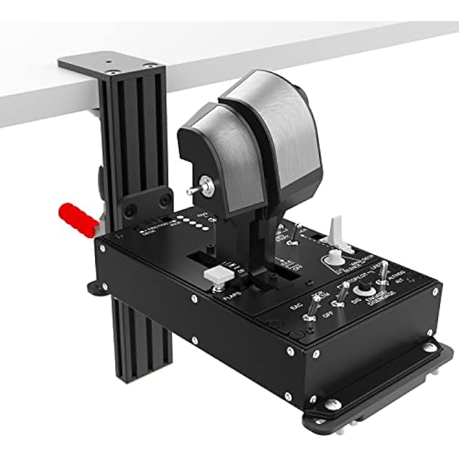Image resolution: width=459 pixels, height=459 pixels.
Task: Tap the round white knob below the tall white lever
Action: pos(333,256)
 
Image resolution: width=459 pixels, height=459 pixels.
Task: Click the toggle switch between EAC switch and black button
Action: pos(344,296)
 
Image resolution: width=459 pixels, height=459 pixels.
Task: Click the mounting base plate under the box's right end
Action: pos(405,381)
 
